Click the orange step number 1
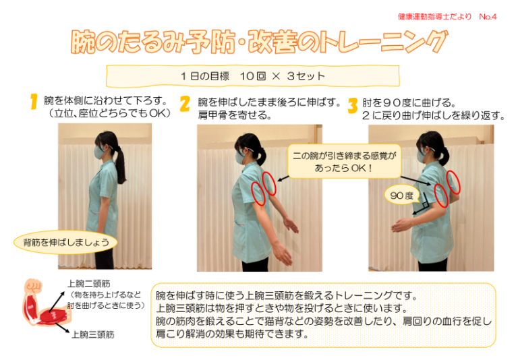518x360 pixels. [x=34, y=101]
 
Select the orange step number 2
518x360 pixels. [x=185, y=104]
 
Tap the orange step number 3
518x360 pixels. [x=353, y=106]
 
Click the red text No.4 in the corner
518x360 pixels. [x=488, y=16]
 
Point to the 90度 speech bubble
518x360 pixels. [x=402, y=195]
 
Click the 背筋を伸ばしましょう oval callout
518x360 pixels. [x=65, y=243]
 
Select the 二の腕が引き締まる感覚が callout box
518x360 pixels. [x=344, y=162]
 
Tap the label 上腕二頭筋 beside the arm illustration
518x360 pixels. [x=89, y=284]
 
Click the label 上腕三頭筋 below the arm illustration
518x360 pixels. [x=93, y=334]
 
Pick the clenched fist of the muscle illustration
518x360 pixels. [x=34, y=285]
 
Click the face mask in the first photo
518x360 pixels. [x=98, y=152]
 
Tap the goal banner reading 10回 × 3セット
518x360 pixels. [x=253, y=76]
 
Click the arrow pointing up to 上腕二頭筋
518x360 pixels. [x=57, y=301]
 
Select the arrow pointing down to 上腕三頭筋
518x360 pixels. [x=63, y=327]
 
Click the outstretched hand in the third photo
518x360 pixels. [x=401, y=226]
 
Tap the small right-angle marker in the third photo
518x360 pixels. [x=425, y=205]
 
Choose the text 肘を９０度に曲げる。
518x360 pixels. [x=409, y=102]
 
